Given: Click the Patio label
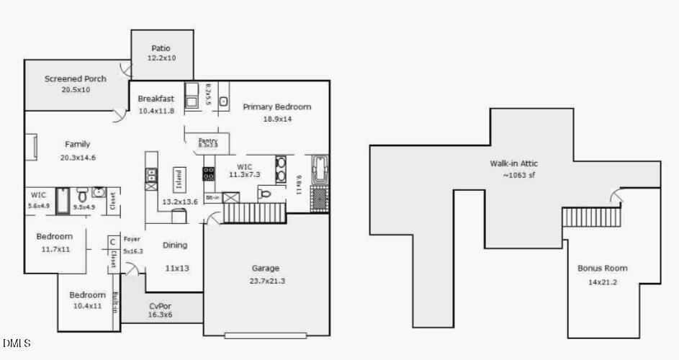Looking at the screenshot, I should coord(161,48).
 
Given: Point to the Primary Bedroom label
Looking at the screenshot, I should coord(276,107).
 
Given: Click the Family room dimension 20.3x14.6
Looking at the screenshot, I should coord(78,157).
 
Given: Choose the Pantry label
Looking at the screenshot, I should coord(208,140).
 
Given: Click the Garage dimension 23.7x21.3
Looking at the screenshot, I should coord(265,281).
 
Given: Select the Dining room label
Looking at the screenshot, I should coord(174,245).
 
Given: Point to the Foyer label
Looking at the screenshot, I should coord(131,239).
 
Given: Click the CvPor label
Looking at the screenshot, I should coord(160,306).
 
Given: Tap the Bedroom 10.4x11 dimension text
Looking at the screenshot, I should coord(87,305).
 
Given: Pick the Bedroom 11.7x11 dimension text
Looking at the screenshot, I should coord(54,248).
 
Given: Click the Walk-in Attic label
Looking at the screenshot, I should coord(514,163).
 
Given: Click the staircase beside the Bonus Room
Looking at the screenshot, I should coord(590,217).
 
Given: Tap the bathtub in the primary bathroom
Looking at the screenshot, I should coord(318,171).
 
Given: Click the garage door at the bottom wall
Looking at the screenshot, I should coord(265,335).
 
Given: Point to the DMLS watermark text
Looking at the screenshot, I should coord(17,343).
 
